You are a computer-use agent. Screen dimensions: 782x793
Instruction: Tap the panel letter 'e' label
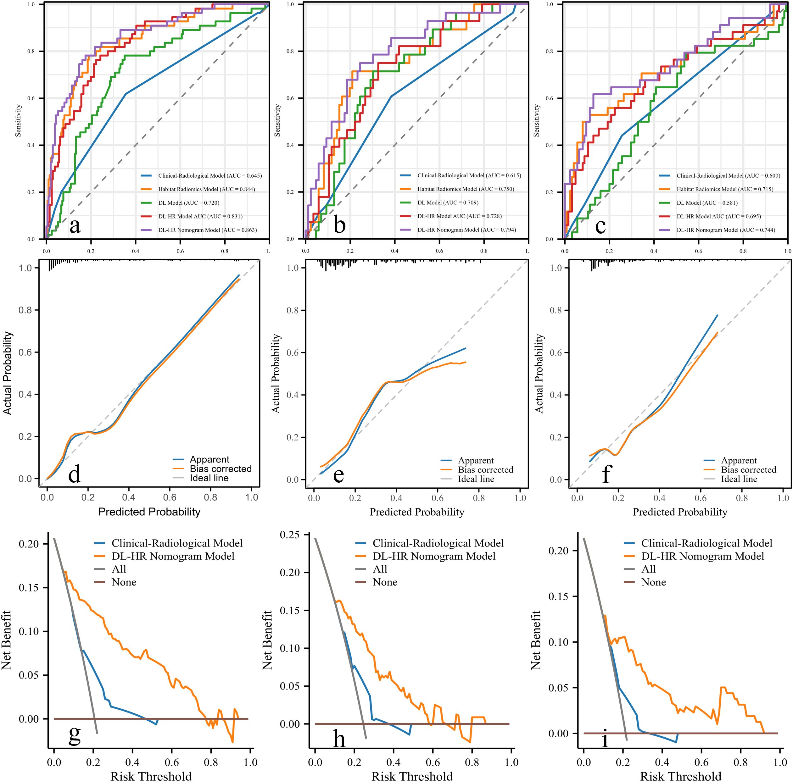(338, 475)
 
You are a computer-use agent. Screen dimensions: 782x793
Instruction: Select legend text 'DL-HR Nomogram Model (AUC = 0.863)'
(207, 230)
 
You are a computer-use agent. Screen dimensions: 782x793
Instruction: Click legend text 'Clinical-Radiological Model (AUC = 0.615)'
(469, 175)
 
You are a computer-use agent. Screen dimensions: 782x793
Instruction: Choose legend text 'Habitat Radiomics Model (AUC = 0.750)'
(466, 189)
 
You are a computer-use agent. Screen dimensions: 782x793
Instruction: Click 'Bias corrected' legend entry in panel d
(221, 469)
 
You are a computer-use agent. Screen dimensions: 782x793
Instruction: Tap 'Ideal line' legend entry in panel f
(739, 479)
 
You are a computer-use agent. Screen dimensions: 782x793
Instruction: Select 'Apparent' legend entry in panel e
(476, 460)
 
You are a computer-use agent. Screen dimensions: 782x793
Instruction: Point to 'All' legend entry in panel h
(380, 569)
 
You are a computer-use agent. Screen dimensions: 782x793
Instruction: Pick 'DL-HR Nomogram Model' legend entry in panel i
(702, 556)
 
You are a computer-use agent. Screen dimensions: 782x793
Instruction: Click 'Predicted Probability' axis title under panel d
(149, 512)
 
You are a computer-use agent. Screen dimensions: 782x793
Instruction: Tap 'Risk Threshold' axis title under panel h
(412, 773)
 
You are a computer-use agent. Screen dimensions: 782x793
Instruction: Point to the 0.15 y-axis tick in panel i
(558, 596)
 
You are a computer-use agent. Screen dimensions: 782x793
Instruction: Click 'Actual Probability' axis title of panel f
(539, 373)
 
